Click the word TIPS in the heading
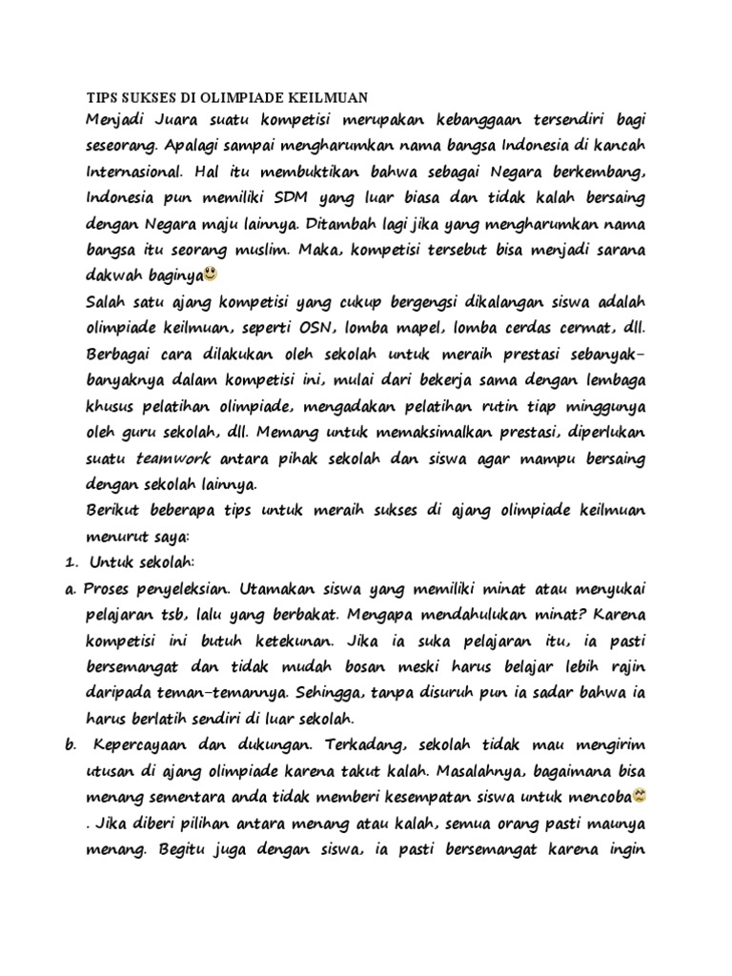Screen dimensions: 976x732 click(102, 97)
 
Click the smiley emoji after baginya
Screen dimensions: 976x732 click(211, 275)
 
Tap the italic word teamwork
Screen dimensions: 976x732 click(173, 459)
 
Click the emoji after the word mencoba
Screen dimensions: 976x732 click(640, 793)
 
